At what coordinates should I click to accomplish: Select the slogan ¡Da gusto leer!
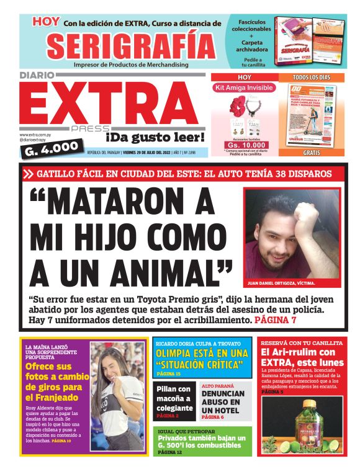coord(155,136)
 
